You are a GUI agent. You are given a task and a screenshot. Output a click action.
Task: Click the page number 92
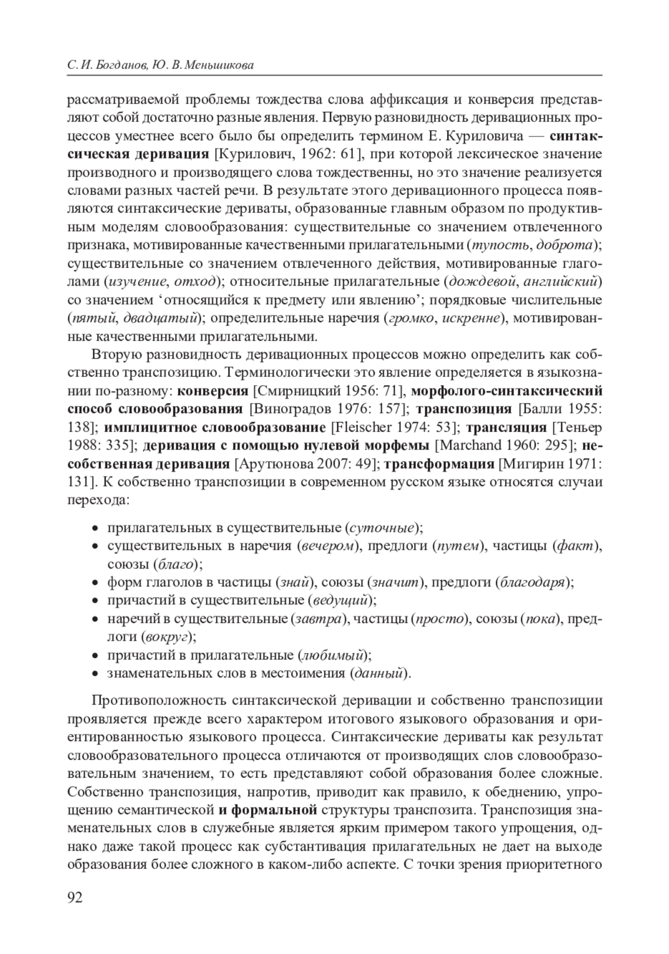(75, 898)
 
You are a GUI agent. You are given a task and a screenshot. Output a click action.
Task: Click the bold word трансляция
(506, 427)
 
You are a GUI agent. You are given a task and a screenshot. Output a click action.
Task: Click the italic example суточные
(382, 527)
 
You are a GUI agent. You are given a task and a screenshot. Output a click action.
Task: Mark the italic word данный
(377, 673)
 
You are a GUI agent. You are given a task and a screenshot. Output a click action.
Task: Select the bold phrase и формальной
(268, 810)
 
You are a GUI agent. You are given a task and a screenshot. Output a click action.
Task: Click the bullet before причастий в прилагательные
(95, 656)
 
